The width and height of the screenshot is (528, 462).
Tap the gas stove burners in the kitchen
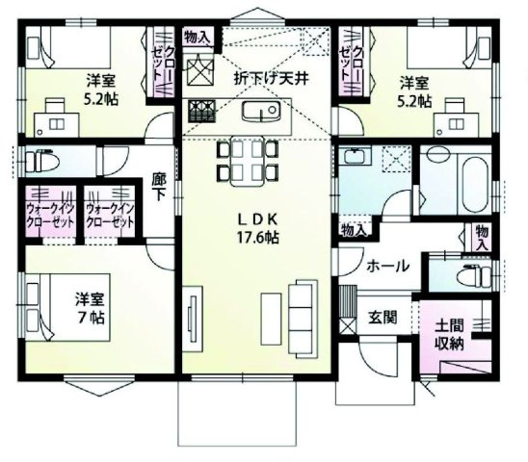click(201, 111)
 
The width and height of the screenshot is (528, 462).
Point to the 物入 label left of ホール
click(353, 229)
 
